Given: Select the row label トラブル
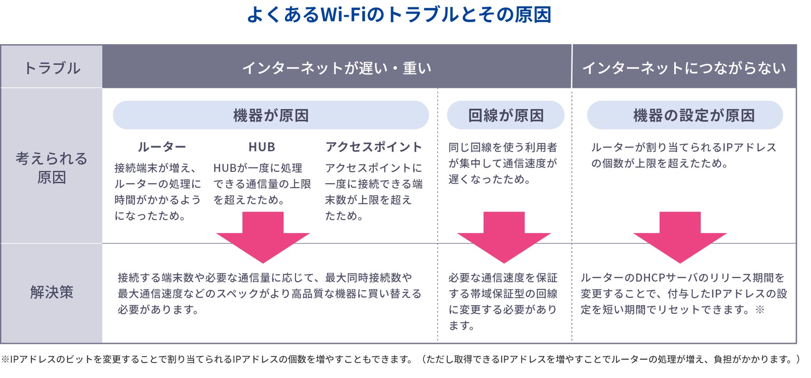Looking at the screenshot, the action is click(x=52, y=68).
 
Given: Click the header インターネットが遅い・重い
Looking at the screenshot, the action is click(x=337, y=68).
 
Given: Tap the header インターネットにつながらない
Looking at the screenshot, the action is click(x=684, y=68).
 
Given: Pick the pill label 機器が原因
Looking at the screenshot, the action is click(x=271, y=115).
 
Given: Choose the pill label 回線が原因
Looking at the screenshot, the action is click(x=506, y=115).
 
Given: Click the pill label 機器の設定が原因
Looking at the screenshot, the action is click(x=694, y=115).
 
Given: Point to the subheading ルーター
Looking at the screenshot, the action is click(x=162, y=147).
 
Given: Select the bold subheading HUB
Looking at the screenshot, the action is click(x=262, y=147).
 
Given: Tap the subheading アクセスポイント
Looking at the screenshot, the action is click(x=374, y=147).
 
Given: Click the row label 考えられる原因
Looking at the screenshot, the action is click(x=52, y=168).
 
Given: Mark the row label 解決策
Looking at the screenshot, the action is click(x=52, y=292).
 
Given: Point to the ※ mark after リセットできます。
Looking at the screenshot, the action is click(x=760, y=310).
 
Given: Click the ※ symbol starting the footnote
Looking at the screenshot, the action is click(x=5, y=359).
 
